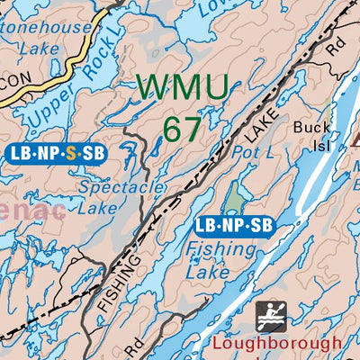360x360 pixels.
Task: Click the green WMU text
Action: coord(184,88)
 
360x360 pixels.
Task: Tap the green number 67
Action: coord(183,129)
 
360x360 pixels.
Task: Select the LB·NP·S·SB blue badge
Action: coord(57,153)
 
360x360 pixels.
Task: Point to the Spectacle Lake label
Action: coord(121,197)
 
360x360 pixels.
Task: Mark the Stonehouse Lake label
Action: coord(47,39)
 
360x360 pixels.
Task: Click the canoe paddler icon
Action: coord(271,317)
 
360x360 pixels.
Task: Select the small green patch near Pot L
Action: coord(233,197)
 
